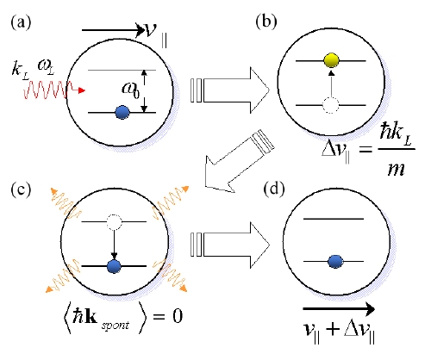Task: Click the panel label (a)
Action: (21, 22)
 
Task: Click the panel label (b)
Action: (266, 22)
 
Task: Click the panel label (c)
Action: (21, 189)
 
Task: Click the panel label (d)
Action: (274, 189)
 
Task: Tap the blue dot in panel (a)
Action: (122, 112)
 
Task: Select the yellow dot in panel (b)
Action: (331, 60)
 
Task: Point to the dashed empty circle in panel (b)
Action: (331, 105)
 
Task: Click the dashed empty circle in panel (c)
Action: (114, 222)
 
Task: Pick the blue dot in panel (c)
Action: (114, 266)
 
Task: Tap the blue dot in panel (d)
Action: (335, 262)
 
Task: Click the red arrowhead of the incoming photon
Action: (82, 90)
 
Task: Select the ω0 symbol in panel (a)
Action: (131, 90)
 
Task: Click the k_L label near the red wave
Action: (20, 70)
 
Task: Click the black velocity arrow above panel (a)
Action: (113, 30)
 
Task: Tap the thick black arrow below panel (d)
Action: (339, 309)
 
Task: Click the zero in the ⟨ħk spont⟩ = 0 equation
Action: (178, 316)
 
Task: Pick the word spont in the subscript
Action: (116, 326)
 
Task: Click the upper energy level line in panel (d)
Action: (334, 219)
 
